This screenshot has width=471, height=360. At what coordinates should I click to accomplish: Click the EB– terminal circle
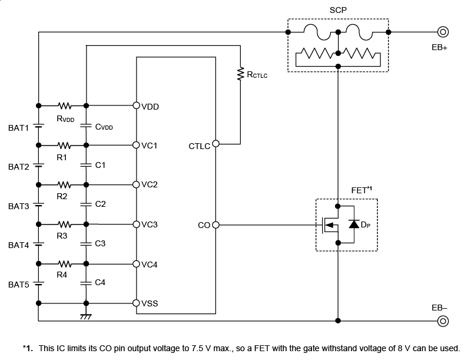pyautogui.click(x=443, y=321)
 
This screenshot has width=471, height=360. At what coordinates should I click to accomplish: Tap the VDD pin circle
pyautogui.click(x=137, y=106)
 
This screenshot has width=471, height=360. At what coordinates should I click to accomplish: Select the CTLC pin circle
pyautogui.click(x=215, y=143)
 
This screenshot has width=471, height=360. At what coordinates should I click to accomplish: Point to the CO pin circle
pyautogui.click(x=215, y=224)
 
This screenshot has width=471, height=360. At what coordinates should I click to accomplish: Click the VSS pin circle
pyautogui.click(x=137, y=303)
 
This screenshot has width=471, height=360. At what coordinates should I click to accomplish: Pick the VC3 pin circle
pyautogui.click(x=137, y=224)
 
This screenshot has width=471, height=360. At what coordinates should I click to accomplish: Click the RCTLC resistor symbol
pyautogui.click(x=240, y=74)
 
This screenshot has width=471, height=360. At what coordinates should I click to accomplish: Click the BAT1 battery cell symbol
pyautogui.click(x=39, y=125)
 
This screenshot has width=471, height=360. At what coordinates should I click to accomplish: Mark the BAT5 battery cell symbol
pyautogui.click(x=39, y=283)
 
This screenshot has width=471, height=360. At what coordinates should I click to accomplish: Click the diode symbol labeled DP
pyautogui.click(x=354, y=224)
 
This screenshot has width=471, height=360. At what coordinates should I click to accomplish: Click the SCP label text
pyautogui.click(x=337, y=11)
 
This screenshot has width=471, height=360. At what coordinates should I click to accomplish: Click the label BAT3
pyautogui.click(x=18, y=206)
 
